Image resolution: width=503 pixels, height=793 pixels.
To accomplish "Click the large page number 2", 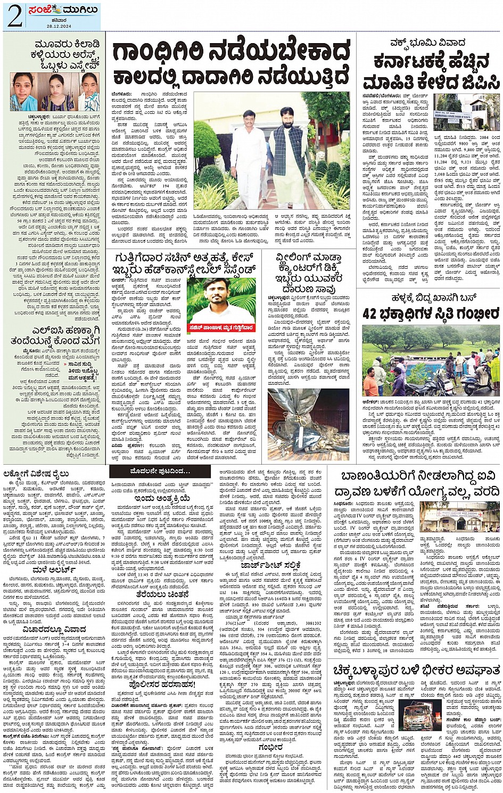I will pos(14,17).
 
